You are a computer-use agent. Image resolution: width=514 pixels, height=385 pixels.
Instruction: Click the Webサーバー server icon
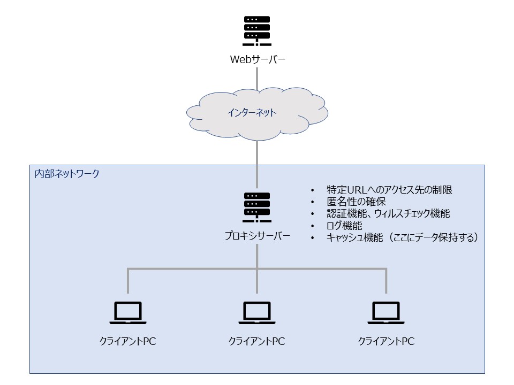click(257, 31)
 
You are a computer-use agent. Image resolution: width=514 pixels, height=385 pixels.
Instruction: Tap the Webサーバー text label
click(258, 59)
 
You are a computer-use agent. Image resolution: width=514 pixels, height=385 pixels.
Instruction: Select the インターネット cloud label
click(252, 113)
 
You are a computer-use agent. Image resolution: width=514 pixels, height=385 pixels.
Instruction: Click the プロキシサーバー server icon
click(257, 207)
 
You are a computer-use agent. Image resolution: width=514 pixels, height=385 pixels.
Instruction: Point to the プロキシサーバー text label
click(258, 236)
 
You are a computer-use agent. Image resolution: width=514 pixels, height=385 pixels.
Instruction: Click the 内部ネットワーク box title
click(67, 173)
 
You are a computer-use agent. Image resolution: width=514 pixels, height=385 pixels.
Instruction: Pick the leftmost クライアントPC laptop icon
click(128, 313)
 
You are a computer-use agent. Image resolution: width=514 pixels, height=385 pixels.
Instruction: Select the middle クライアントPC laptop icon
click(257, 313)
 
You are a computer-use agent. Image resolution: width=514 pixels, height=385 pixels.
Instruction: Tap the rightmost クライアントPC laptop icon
click(386, 313)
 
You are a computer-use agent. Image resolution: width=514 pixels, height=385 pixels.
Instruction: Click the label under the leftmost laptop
click(128, 341)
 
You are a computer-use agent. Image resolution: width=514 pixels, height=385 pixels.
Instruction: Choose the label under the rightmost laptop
click(386, 341)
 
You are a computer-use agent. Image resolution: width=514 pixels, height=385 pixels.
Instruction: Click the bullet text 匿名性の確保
click(357, 202)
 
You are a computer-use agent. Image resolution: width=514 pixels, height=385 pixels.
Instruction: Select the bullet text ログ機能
click(344, 225)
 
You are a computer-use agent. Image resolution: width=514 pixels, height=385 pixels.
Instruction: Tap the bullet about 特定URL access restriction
click(389, 189)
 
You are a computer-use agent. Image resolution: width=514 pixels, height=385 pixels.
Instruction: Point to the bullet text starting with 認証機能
click(388, 213)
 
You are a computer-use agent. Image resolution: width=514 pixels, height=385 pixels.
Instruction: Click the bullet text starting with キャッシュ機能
click(402, 237)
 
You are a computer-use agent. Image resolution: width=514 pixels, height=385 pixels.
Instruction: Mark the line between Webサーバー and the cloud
click(257, 79)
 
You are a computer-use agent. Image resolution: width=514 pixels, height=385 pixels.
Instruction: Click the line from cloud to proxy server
click(257, 164)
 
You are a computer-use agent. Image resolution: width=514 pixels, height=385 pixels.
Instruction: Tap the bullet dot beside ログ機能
click(313, 226)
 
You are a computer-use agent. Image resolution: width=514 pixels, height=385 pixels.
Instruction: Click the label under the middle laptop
click(256, 341)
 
